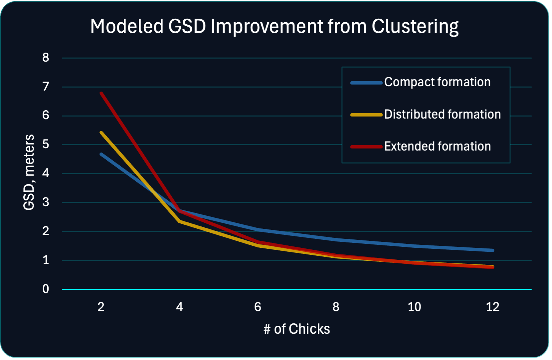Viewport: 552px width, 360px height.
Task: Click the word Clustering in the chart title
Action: tap(415, 27)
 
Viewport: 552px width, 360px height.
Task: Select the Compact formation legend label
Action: tap(437, 82)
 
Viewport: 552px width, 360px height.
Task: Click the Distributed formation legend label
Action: tap(442, 115)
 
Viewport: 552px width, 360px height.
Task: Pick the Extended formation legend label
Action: tap(437, 147)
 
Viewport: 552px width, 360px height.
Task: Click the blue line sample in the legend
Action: tap(366, 83)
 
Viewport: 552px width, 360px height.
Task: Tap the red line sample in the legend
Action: tap(366, 147)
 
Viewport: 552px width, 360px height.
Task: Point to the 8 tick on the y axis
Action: tap(46, 58)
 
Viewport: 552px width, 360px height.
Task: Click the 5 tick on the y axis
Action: tap(46, 145)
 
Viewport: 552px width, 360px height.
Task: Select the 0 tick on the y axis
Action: tap(46, 289)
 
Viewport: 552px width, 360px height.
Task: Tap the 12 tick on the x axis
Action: tap(492, 307)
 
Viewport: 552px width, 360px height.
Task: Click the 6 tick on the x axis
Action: tap(258, 307)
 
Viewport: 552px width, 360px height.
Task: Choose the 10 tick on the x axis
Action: tap(414, 307)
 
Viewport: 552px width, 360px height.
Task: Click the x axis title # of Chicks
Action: tap(296, 329)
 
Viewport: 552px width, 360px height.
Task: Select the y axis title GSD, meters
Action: tap(29, 172)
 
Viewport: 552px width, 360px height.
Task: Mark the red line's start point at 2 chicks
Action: tap(101, 93)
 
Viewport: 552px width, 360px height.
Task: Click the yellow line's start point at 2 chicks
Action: tap(101, 133)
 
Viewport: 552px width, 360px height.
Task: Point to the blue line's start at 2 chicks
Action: tap(101, 154)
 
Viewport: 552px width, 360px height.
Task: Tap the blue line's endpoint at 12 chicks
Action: tap(492, 250)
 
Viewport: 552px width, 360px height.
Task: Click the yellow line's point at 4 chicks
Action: tap(180, 221)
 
